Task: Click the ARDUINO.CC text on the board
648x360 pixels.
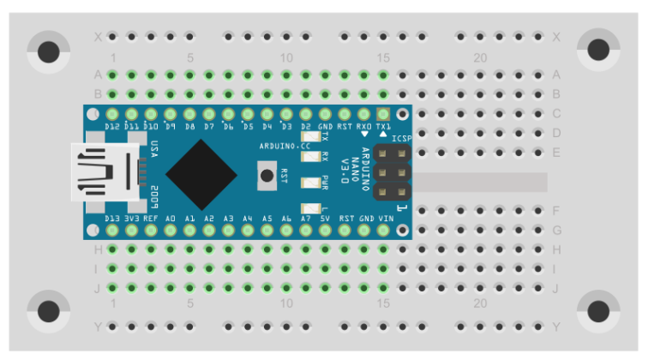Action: click(279, 147)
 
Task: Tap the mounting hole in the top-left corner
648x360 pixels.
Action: click(49, 51)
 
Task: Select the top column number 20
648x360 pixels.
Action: click(480, 57)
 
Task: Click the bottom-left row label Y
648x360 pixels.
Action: click(98, 327)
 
